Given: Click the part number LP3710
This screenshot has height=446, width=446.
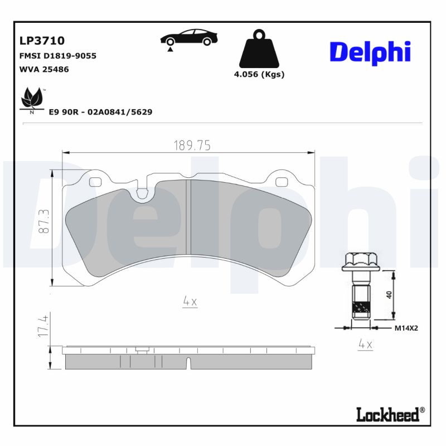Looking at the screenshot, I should [42, 41].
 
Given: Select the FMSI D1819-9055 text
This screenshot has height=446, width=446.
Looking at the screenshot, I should [58, 56].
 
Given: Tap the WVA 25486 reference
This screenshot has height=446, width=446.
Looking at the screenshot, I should [44, 70].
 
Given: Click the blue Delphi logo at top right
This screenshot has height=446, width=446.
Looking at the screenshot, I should [370, 52].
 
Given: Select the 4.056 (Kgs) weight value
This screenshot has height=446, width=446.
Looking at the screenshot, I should [259, 75].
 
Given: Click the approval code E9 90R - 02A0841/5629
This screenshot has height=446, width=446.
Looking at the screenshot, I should [100, 112].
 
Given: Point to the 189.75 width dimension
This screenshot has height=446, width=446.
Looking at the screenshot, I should [191, 146].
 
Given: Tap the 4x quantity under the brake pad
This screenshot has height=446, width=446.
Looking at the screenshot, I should [190, 302].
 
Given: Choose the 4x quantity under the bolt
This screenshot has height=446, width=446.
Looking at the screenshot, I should [365, 345].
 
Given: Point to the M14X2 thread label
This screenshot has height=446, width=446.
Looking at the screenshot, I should [406, 328].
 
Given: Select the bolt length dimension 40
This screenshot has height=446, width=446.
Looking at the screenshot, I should [389, 293].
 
